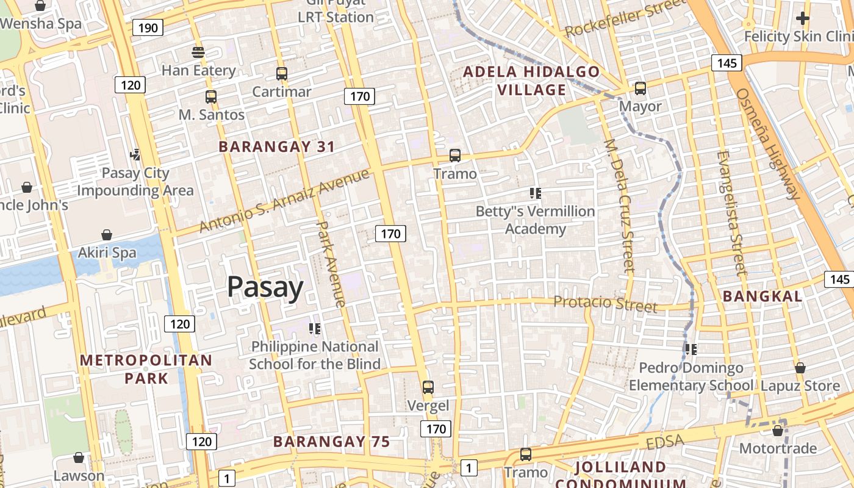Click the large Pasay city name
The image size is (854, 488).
point(265,287)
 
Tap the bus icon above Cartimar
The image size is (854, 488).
point(281,74)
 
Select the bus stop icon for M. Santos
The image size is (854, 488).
point(211,96)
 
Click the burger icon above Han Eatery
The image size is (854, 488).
point(198,52)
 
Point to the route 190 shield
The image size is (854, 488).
point(148,27)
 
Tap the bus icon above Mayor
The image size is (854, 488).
point(640,88)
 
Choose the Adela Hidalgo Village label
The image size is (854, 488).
point(531,81)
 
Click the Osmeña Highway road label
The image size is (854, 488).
point(768,144)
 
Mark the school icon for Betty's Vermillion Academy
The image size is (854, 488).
point(536,194)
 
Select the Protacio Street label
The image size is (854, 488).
point(606,303)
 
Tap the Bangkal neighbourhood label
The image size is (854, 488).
point(762,296)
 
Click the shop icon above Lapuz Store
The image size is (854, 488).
point(800,368)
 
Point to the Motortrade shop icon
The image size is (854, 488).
point(778,431)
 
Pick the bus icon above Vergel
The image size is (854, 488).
point(428,387)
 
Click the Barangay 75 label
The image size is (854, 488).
point(331,442)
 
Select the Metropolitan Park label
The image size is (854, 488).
point(146,369)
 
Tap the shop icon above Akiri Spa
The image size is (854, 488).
point(107,235)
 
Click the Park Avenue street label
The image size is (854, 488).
point(331,264)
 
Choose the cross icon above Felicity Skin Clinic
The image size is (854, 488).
point(803,19)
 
